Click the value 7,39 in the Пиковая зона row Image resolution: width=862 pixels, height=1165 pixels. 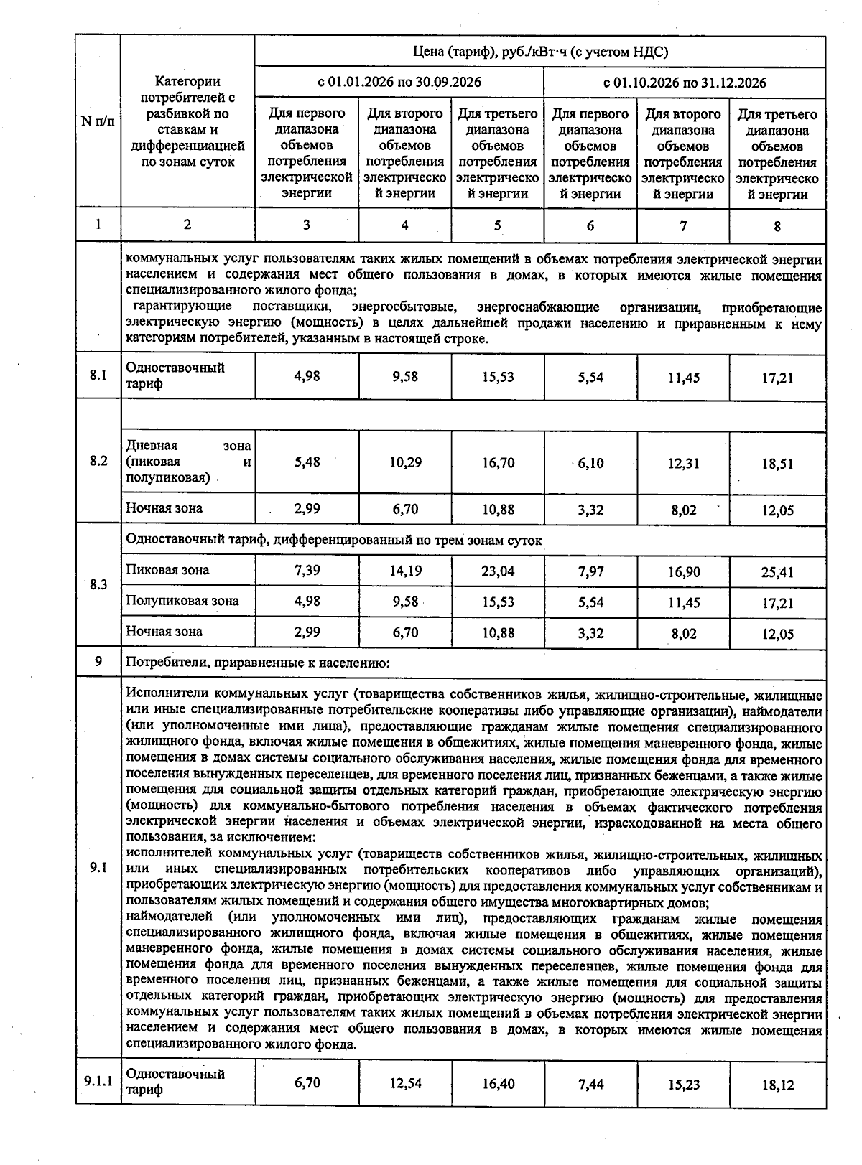coord(307,571)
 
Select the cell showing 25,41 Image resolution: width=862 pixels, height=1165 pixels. coord(777,573)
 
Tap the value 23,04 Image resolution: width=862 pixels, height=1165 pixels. coord(498,571)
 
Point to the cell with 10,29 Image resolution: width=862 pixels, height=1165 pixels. coord(405,463)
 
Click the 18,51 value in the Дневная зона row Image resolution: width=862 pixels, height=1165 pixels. coord(777,464)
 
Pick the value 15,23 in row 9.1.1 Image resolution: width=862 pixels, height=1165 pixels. coord(683,1085)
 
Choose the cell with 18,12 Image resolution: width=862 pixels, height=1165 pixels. coord(777,1085)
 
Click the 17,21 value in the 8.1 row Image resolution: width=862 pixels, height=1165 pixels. coord(777,378)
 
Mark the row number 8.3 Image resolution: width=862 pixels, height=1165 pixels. coord(98,585)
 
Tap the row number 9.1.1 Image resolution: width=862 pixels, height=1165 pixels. coord(98,1081)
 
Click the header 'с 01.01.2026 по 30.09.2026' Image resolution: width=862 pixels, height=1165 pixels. coord(399,82)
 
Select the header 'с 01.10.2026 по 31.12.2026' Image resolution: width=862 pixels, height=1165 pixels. coord(684,83)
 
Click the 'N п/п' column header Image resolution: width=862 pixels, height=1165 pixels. coord(98,121)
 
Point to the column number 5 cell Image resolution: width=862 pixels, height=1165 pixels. coord(498,226)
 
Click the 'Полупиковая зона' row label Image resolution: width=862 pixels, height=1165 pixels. coord(182,601)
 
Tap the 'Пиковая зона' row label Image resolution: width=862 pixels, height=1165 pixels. coord(168,570)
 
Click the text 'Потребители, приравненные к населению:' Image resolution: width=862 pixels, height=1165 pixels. coord(257,663)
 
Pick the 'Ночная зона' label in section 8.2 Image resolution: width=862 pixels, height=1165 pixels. coord(164,508)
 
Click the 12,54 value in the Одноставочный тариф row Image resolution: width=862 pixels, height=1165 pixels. coord(405,1083)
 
